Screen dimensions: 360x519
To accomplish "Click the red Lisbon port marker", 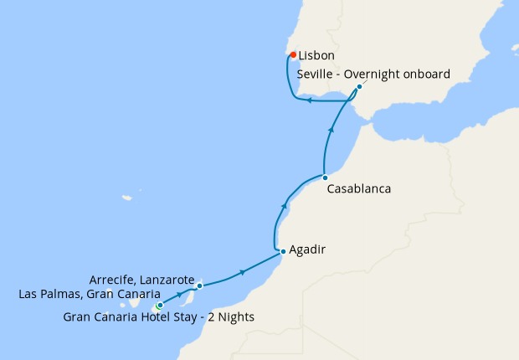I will (x=293, y=55).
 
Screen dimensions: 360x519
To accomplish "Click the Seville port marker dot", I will (x=359, y=87).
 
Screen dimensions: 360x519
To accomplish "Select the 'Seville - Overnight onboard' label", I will (x=373, y=75).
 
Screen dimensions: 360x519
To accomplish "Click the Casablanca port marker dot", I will (x=325, y=177).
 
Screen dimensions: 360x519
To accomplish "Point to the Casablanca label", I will (x=358, y=189).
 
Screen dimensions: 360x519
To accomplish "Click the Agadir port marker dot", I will (x=283, y=251).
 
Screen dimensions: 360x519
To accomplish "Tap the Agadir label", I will (x=306, y=250).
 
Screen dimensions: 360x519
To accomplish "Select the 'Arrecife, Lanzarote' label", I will (x=141, y=279).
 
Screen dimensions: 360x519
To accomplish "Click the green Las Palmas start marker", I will (x=159, y=306).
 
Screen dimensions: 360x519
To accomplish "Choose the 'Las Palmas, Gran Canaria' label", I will (x=90, y=294).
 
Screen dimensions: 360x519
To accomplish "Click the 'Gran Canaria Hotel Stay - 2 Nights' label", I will (x=159, y=317).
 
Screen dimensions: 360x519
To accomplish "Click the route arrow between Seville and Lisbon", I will (x=309, y=101).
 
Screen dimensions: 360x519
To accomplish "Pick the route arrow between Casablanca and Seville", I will (x=333, y=130).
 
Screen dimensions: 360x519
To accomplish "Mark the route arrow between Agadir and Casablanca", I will (x=285, y=205).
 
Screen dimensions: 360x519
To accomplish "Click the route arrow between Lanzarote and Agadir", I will (x=243, y=272).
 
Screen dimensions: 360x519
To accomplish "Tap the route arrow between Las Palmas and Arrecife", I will (x=179, y=296).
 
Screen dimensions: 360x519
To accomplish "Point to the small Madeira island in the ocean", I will (x=127, y=198).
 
